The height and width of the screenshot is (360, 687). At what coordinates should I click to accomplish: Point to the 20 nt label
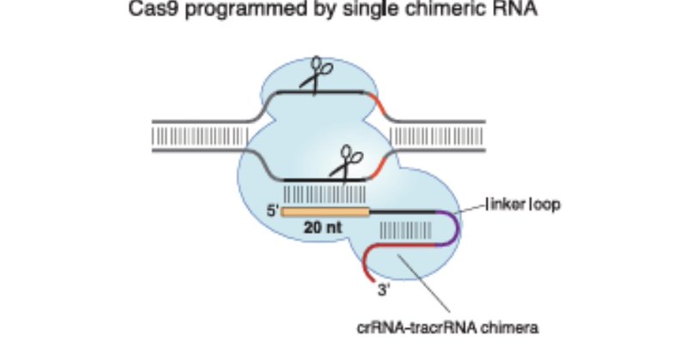tap(322, 229)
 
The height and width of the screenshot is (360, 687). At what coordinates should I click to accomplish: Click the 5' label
tap(272, 210)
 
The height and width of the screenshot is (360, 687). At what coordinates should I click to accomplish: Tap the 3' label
tap(384, 291)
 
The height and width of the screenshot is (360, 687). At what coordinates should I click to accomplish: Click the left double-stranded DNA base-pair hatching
tap(193, 135)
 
